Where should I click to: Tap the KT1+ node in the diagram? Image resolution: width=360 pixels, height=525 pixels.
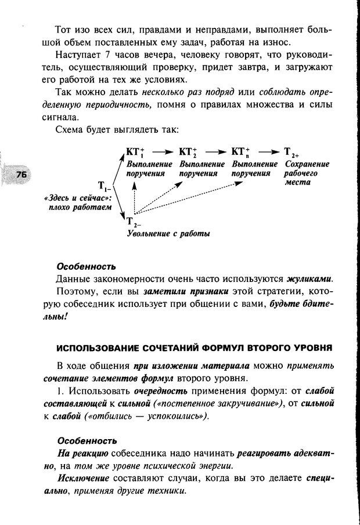(x=135, y=152)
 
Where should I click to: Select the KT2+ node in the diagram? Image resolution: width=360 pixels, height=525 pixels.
(x=188, y=152)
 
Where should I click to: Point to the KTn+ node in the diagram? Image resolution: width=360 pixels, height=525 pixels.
(x=240, y=152)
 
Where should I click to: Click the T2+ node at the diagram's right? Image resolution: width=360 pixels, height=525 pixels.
(x=291, y=153)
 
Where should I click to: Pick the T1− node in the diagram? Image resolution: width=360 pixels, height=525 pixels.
(x=105, y=186)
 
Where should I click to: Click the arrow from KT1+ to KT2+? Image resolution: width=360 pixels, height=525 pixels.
(x=161, y=152)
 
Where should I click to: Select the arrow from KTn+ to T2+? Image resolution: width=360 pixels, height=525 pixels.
(x=266, y=152)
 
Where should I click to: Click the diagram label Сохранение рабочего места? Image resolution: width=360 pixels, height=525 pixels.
(x=307, y=173)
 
